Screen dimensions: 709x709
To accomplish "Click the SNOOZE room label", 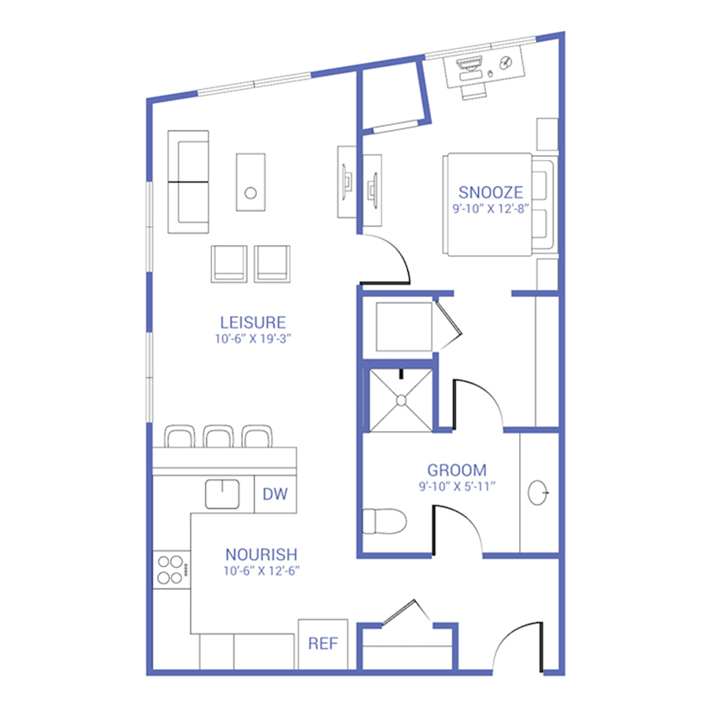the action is (491, 192).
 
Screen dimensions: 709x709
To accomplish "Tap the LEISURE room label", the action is (253, 322).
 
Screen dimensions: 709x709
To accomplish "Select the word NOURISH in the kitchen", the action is (262, 555).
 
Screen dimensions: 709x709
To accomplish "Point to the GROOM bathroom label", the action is (457, 470).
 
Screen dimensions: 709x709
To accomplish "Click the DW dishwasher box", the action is (275, 494).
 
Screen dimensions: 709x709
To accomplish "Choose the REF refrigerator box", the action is (323, 644).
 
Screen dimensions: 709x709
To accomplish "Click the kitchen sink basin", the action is (222, 494).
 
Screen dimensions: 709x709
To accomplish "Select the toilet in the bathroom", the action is (384, 522).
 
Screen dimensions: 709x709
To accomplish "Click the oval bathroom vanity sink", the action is (537, 492).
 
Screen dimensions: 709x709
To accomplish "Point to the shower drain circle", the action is (401, 401).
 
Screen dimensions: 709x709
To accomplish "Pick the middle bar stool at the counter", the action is (218, 436).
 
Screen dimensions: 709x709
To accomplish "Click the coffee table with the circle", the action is (251, 182).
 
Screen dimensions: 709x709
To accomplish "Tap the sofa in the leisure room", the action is (188, 182).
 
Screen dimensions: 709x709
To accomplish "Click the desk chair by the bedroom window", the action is (474, 93).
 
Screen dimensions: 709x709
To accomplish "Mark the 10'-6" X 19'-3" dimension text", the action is (253, 339).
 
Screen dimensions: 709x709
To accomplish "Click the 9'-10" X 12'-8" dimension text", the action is (491, 209).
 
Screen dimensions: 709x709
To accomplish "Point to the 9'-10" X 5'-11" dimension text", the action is (457, 487).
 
